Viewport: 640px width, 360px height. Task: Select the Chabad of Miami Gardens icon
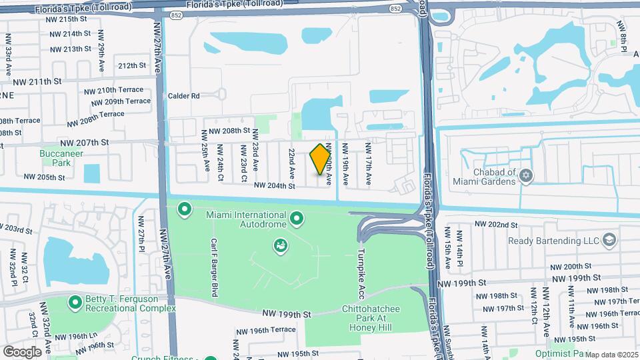(527, 175)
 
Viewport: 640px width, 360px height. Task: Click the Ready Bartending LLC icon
(609, 240)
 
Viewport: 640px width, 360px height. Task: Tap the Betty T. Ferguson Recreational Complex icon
(75, 303)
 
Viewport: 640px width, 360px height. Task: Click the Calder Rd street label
(184, 96)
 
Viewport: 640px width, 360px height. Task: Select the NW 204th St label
(274, 186)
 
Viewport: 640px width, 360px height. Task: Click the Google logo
(22, 351)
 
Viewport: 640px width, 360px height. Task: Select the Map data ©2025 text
(611, 355)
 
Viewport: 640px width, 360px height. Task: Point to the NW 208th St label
(229, 131)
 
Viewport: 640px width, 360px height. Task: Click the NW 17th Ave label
(367, 163)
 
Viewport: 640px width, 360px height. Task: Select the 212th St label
(132, 65)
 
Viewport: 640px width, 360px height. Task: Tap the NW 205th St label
(44, 177)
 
